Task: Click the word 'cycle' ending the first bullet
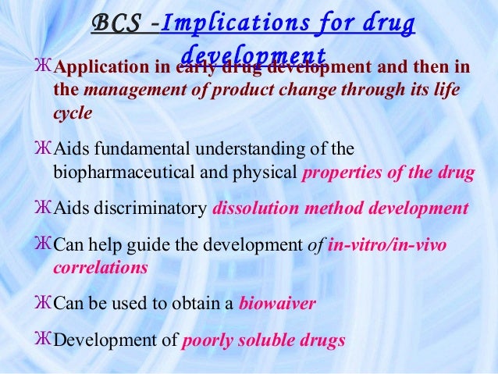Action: point(73,112)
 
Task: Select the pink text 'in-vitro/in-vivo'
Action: point(388,245)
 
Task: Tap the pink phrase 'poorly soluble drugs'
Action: point(262,340)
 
